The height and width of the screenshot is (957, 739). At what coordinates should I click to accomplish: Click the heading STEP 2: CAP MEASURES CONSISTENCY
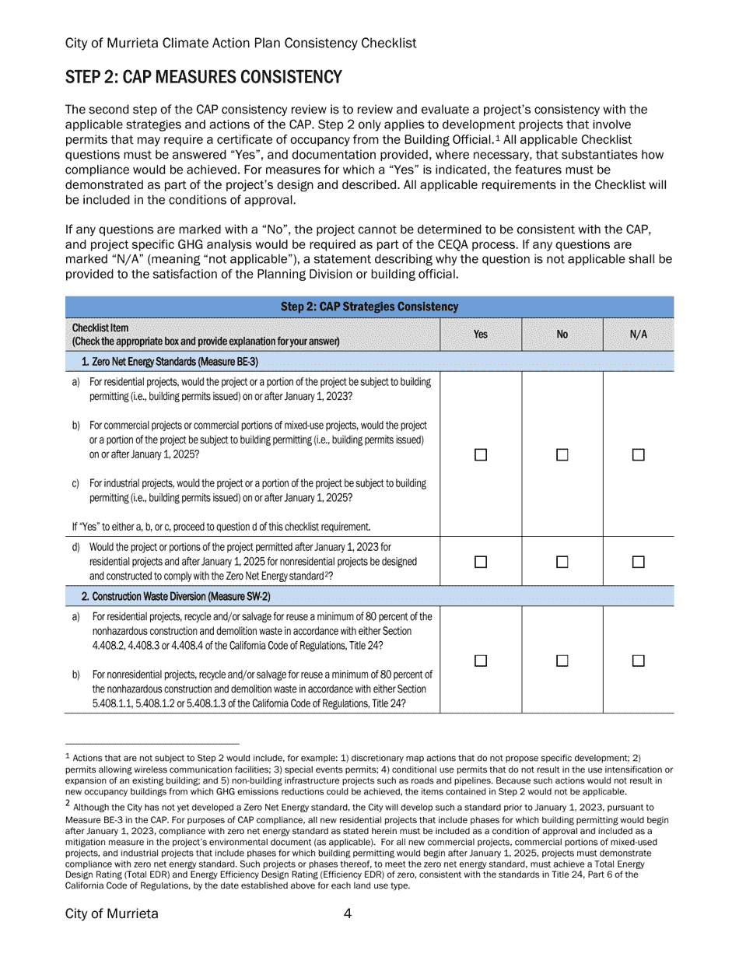point(203,77)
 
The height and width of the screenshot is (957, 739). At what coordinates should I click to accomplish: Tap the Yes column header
point(481,335)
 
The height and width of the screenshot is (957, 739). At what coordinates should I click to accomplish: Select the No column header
point(562,335)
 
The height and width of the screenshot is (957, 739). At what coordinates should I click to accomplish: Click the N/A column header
point(638,335)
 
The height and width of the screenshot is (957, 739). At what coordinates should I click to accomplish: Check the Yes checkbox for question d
point(481,561)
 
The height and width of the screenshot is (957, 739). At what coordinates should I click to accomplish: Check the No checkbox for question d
point(562,561)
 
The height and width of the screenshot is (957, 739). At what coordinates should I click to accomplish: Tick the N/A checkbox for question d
point(638,561)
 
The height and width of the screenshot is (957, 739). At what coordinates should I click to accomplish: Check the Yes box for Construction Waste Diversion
point(481,661)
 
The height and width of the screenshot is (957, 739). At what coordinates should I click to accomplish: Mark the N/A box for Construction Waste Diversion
point(638,661)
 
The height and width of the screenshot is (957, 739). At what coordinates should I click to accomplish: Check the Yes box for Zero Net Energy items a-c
point(481,455)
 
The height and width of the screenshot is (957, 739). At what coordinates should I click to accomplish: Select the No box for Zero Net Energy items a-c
point(562,455)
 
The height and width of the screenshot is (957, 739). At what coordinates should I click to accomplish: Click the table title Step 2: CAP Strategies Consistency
point(369,307)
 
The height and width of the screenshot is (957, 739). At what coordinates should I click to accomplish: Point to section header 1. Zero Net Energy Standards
point(170,362)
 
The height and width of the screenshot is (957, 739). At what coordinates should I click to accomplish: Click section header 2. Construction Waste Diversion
point(176,596)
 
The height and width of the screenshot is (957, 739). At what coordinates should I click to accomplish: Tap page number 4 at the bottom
point(348,913)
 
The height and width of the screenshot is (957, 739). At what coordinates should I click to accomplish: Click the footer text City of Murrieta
point(111,913)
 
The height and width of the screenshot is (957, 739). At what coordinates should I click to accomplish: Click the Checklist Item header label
point(100,328)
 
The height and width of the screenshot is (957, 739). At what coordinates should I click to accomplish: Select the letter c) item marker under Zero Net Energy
point(75,483)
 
